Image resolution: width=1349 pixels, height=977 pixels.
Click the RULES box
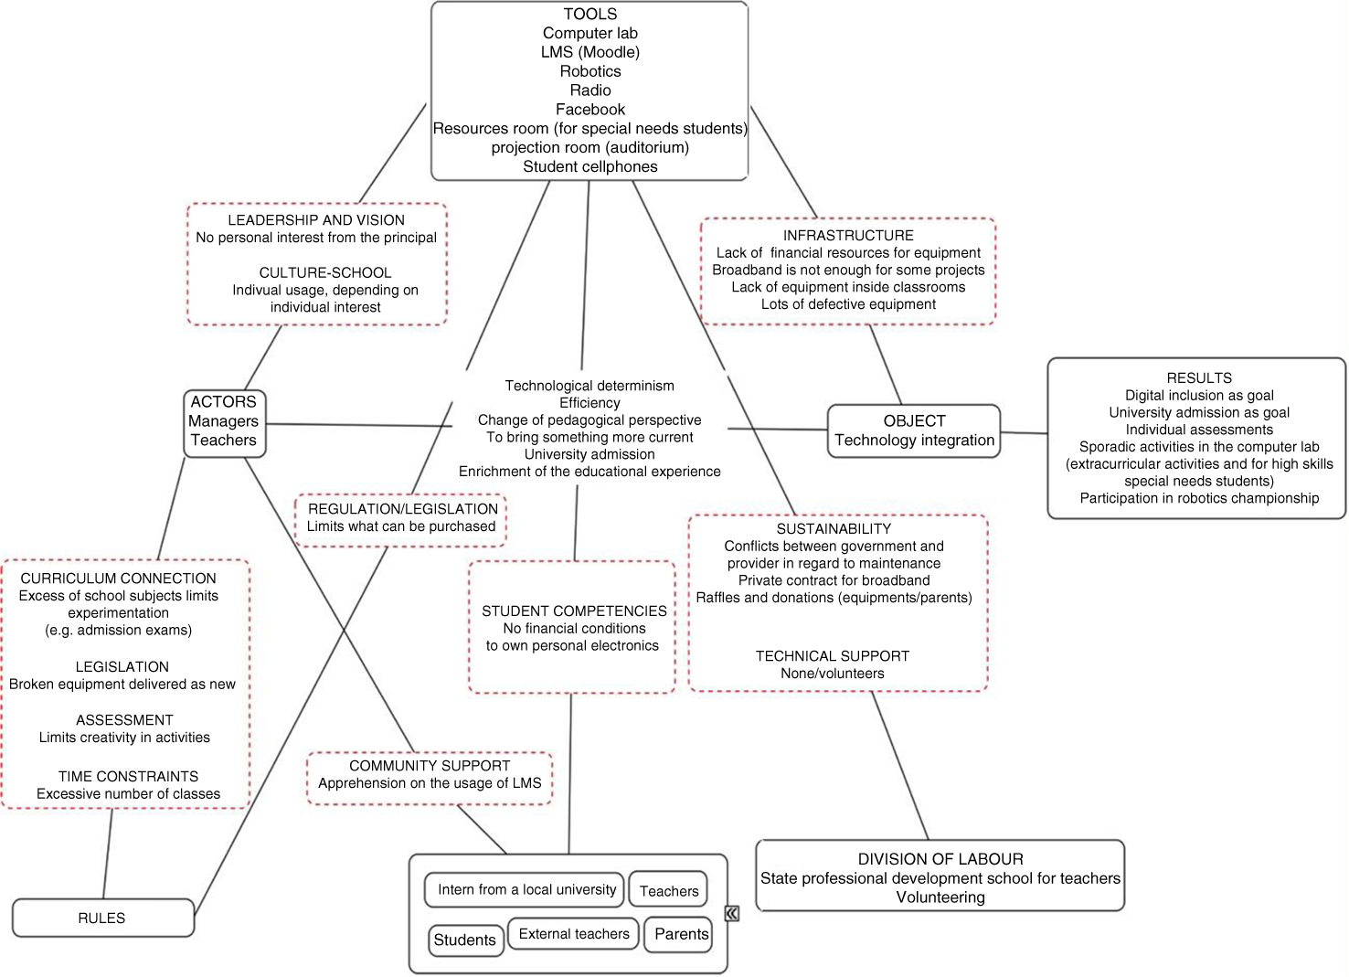click(102, 918)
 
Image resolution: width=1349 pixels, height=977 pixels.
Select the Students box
click(465, 940)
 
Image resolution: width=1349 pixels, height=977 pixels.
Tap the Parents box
click(681, 934)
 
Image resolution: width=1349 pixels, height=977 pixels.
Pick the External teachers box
click(573, 933)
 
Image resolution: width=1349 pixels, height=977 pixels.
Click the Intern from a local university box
click(526, 889)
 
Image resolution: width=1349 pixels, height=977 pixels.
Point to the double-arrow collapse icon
click(732, 913)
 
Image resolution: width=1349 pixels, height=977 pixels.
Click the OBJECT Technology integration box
click(913, 430)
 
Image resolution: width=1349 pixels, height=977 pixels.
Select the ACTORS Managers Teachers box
click(224, 421)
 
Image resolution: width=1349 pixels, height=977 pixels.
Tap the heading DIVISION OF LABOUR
click(940, 859)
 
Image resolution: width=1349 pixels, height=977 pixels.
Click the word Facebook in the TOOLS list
click(590, 110)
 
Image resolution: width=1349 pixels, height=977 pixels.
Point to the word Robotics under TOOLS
click(590, 71)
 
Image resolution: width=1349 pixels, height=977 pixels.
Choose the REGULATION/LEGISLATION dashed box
click(401, 518)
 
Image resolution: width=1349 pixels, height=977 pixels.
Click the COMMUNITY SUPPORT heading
click(430, 766)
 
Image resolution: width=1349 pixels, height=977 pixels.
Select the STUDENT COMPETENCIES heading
click(574, 611)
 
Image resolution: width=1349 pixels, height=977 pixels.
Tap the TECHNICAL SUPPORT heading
click(832, 656)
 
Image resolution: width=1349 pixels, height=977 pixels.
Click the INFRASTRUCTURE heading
click(848, 236)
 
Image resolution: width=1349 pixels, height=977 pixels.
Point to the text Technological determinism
click(590, 386)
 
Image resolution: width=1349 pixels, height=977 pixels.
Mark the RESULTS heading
click(1198, 378)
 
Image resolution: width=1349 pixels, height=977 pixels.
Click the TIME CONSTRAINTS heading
click(128, 776)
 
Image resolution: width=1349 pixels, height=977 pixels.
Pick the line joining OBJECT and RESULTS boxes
click(1024, 433)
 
